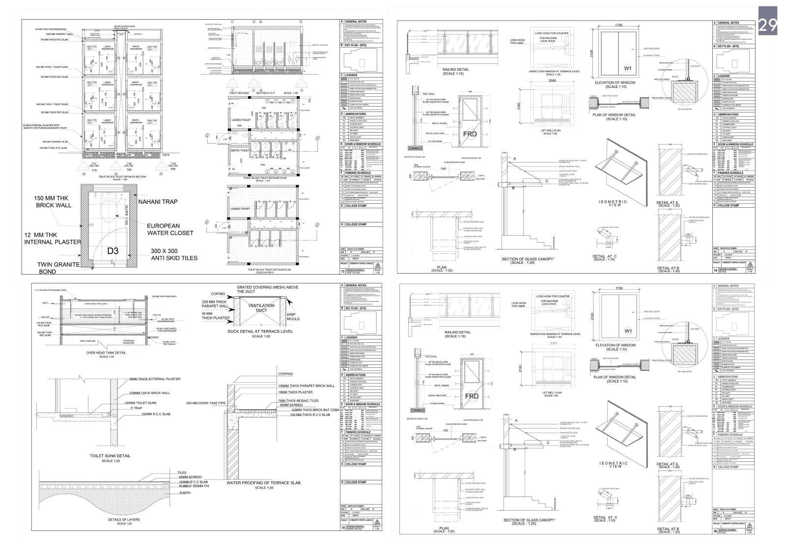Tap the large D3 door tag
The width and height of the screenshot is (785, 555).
click(x=113, y=251)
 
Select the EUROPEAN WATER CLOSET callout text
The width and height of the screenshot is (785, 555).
click(x=170, y=229)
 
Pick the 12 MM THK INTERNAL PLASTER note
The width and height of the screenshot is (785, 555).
click(x=53, y=238)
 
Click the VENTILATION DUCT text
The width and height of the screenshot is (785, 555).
click(x=261, y=309)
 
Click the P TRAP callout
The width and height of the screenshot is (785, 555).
click(x=135, y=408)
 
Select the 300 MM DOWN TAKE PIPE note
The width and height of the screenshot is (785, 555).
click(x=206, y=403)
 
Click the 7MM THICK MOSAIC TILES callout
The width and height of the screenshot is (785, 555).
click(x=298, y=401)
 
